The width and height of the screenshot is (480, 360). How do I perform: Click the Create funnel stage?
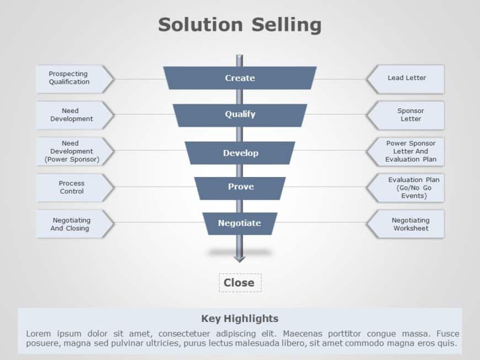[x=239, y=78]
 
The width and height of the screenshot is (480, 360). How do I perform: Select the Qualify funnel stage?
[x=239, y=115]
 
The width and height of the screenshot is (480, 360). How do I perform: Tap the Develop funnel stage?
[x=239, y=153]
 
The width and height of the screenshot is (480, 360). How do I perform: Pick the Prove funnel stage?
[x=240, y=187]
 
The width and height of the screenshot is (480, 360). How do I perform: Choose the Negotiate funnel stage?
[x=239, y=223]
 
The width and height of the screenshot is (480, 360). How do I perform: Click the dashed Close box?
[x=239, y=283]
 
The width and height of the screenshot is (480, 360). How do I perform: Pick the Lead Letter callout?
[x=407, y=78]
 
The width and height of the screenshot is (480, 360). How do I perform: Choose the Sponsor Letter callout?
[x=409, y=115]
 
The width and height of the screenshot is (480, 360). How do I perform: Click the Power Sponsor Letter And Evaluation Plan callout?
[x=409, y=151]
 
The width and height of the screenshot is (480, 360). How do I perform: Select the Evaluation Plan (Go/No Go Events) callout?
[x=410, y=187]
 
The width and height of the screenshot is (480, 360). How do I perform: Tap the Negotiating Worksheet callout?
[x=409, y=224]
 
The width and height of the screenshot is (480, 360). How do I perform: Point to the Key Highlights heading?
[x=239, y=318]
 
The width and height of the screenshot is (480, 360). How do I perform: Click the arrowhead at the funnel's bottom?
[x=239, y=257]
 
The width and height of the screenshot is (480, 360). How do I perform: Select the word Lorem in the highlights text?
[x=38, y=334]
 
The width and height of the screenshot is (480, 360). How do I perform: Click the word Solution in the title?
[x=200, y=25]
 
